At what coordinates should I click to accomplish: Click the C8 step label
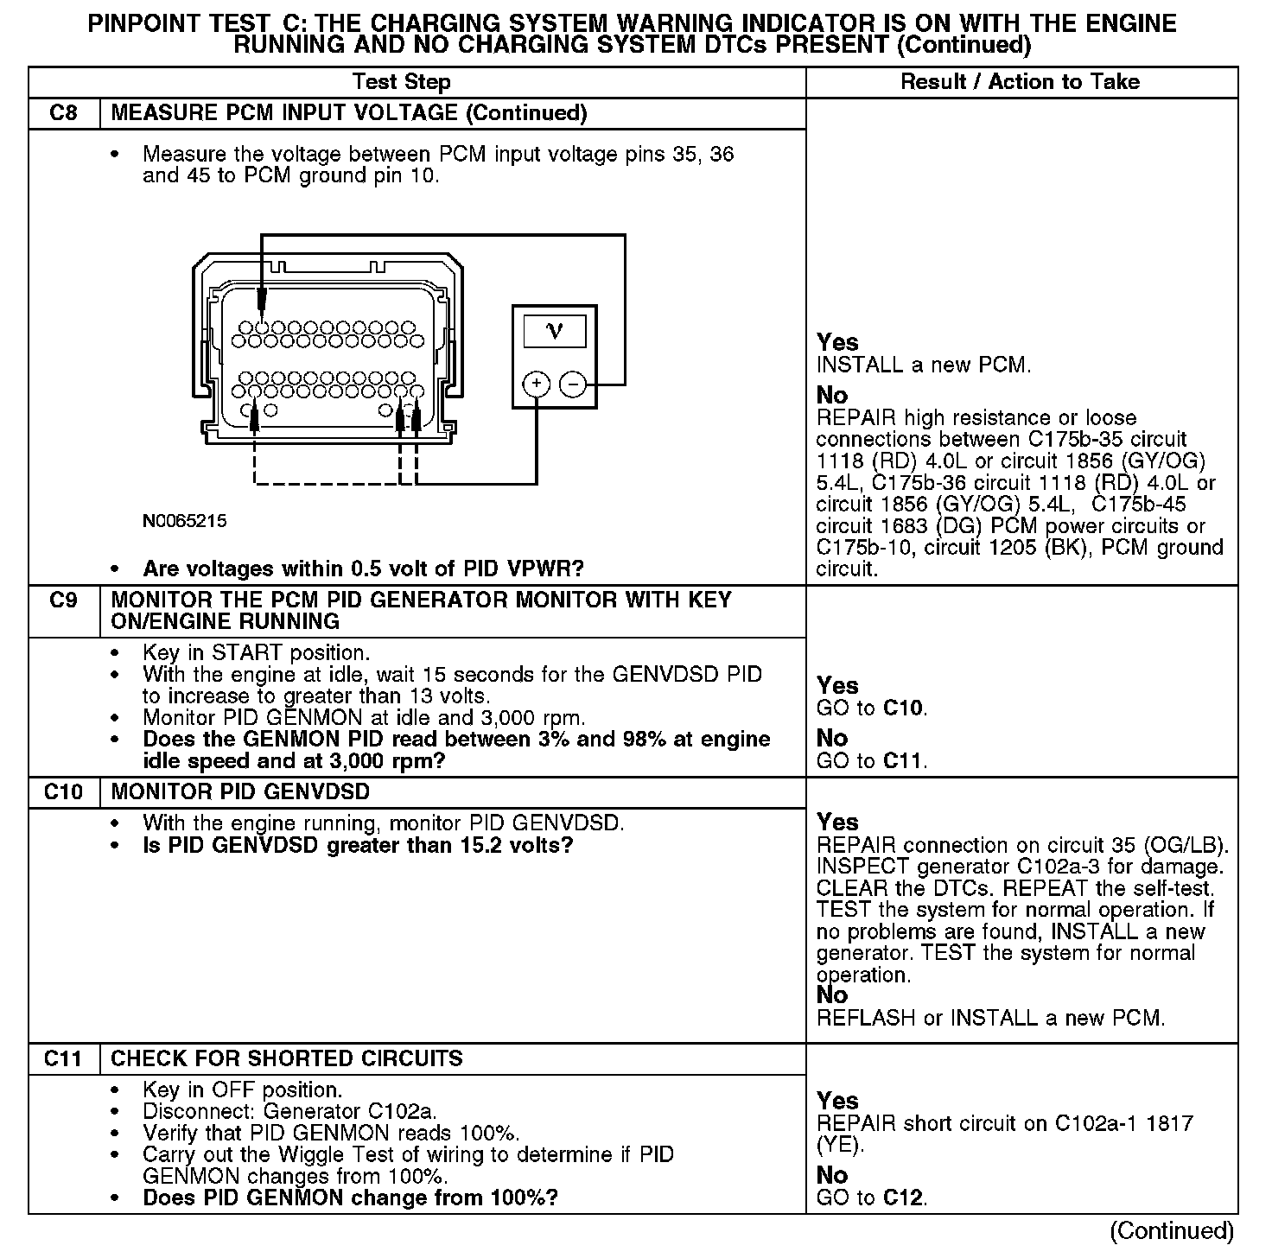pyautogui.click(x=63, y=113)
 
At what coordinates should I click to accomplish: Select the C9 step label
pyautogui.click(x=63, y=600)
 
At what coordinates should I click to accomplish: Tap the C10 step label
pyautogui.click(x=63, y=792)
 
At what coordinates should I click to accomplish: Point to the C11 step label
pyautogui.click(x=63, y=1059)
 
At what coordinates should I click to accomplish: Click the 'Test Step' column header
pyautogui.click(x=401, y=82)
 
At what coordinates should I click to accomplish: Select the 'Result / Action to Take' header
pyautogui.click(x=1020, y=82)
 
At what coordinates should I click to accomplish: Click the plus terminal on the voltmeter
pyautogui.click(x=537, y=384)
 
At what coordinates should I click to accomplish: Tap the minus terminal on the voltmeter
pyautogui.click(x=572, y=384)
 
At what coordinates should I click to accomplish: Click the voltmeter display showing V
pyautogui.click(x=554, y=331)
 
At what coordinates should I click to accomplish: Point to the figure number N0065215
pyautogui.click(x=185, y=521)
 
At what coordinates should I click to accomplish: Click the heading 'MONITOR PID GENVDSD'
pyautogui.click(x=240, y=792)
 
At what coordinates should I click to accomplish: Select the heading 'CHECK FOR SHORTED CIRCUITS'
pyautogui.click(x=287, y=1059)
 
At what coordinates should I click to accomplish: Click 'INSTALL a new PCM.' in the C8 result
pyautogui.click(x=924, y=365)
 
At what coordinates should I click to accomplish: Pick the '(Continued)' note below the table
pyautogui.click(x=1172, y=1230)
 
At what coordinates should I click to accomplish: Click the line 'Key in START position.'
pyautogui.click(x=256, y=653)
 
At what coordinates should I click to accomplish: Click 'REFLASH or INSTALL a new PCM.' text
pyautogui.click(x=990, y=1018)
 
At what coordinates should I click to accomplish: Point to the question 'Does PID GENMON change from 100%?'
pyautogui.click(x=350, y=1198)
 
